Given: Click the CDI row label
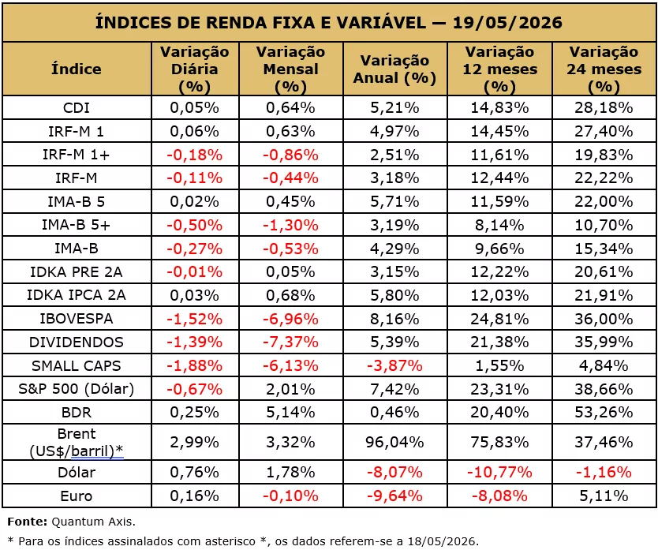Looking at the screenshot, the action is pos(76,108).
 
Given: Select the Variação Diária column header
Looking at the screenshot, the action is pos(195,69).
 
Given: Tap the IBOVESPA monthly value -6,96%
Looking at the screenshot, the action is pos(290,319).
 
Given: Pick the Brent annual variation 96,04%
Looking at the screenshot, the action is pos(395,442).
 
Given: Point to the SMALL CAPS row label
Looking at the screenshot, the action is pos(76,365).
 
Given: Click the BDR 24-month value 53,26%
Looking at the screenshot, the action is pos(604,412).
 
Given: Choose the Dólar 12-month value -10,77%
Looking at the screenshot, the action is pos(499,473).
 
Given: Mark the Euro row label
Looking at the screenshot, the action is pos(76,496).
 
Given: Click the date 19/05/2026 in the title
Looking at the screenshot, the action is pos(507,22).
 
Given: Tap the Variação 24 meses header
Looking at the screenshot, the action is pos(604,69).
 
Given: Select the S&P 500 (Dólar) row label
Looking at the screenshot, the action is pos(76,389).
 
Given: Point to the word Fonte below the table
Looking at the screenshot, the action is pos(27,522).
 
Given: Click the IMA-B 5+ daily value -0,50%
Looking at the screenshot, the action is pos(194,226).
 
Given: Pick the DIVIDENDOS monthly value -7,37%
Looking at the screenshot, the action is pos(290,342).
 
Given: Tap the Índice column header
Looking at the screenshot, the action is pos(76,69).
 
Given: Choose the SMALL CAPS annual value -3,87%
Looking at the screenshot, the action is pos(395,365).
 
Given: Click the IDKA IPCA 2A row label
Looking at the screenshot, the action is pos(76,295).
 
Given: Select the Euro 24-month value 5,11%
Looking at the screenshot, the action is pos(604,496).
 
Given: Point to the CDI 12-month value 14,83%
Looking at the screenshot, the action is pos(499,108).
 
